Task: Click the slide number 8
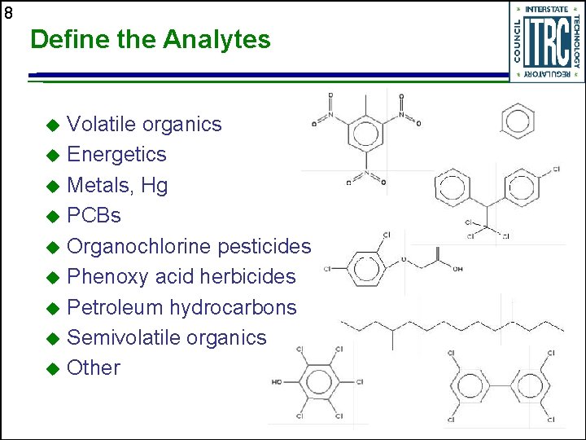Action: pyautogui.click(x=8, y=13)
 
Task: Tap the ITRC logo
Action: pyautogui.click(x=547, y=42)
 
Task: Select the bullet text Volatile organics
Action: pyautogui.click(x=144, y=124)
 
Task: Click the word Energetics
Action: pyautogui.click(x=116, y=154)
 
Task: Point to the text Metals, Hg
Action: pyautogui.click(x=117, y=185)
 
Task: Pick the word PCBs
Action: pyautogui.click(x=94, y=216)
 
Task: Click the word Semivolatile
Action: pyautogui.click(x=123, y=337)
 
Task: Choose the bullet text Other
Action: pyautogui.click(x=94, y=367)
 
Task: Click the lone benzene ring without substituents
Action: pyautogui.click(x=518, y=121)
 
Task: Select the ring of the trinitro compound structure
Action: pyautogui.click(x=366, y=134)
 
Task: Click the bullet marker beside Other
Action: pyautogui.click(x=53, y=369)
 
